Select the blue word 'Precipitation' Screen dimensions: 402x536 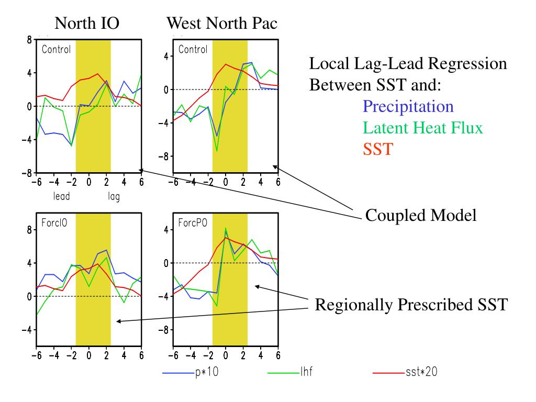408,107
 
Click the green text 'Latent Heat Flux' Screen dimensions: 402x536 422,128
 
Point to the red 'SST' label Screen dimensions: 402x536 377,149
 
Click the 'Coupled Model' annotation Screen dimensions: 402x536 420,215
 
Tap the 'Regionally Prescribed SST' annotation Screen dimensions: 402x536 411,304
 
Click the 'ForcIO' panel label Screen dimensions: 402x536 54,221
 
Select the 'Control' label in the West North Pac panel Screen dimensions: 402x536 193,49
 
